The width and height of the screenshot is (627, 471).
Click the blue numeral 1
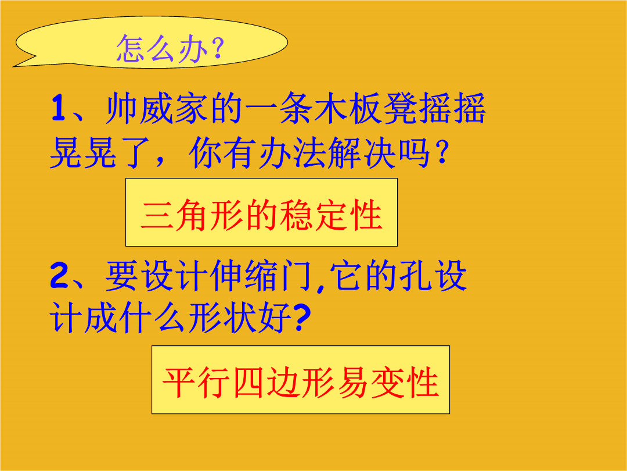59,108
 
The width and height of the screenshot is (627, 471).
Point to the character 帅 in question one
121,108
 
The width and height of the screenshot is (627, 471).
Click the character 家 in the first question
191,108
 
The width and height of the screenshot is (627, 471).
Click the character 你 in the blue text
205,152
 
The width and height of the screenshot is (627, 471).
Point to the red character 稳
296,215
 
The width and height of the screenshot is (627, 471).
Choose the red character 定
331,215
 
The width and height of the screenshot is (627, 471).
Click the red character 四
248,383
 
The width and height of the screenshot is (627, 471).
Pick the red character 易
353,383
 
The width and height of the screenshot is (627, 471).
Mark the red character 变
387,383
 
